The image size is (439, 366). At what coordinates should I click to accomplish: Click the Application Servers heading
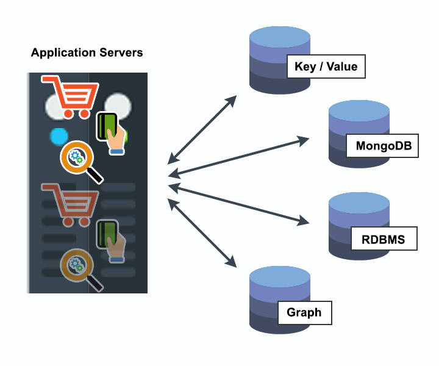(87, 52)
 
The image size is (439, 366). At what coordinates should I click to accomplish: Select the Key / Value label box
(326, 66)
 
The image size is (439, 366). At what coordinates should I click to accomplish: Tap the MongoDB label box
(382, 146)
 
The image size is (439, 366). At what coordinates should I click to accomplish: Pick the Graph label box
(304, 312)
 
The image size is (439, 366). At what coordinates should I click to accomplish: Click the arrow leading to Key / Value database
(201, 129)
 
